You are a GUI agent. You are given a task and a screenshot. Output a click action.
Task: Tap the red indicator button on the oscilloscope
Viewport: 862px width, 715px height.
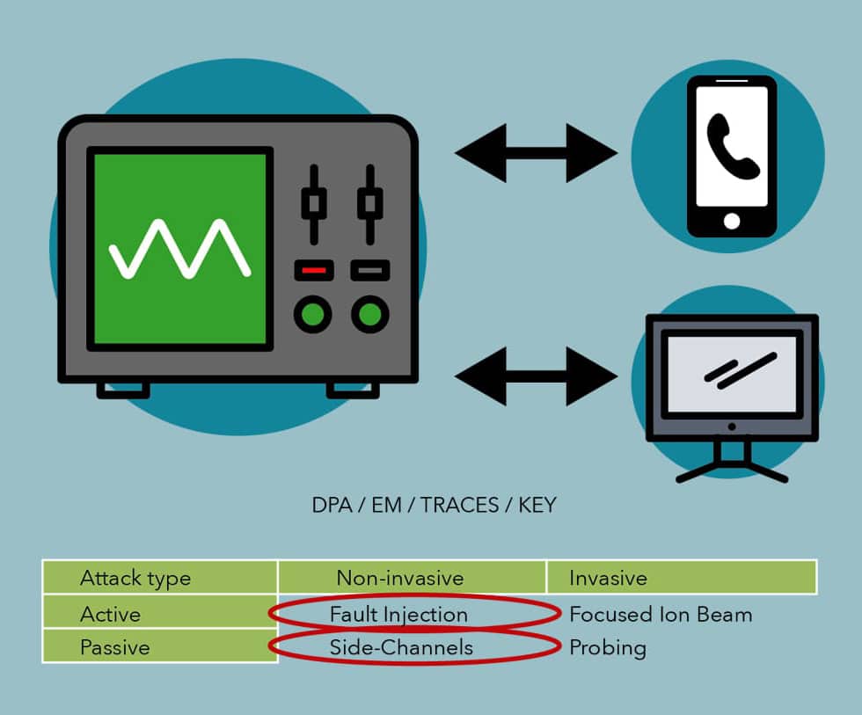point(313,270)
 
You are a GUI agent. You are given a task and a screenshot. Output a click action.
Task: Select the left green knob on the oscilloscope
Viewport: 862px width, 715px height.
point(313,313)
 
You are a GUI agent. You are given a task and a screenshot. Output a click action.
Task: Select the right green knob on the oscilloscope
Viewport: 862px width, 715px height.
point(369,313)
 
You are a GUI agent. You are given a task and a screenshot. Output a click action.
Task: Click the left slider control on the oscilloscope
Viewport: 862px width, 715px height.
point(313,203)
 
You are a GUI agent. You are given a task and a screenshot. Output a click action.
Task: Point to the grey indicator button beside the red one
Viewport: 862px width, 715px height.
point(369,270)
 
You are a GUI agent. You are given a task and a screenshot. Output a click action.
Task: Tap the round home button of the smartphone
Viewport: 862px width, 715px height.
point(732,221)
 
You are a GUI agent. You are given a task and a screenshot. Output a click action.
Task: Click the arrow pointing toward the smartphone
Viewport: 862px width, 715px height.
point(536,153)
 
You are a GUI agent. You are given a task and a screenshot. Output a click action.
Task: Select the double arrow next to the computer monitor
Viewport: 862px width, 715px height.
point(536,376)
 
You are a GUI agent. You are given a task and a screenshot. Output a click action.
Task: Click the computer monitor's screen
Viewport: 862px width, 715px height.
point(731,374)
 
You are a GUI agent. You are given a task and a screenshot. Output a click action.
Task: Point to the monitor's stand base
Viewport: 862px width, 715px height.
point(731,471)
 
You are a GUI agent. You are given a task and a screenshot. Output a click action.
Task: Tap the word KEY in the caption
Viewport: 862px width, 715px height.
point(536,506)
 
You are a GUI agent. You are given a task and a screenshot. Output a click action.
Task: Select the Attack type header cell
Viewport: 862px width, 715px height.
point(135,578)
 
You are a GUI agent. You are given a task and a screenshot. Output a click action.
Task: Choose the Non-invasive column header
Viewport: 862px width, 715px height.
point(399,578)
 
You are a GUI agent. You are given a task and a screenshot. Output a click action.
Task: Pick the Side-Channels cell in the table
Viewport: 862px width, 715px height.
point(401,648)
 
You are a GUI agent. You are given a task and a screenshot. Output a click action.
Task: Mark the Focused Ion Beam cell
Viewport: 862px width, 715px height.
point(661,614)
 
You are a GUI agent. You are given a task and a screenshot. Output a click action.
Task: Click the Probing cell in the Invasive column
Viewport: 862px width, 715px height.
point(608,648)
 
